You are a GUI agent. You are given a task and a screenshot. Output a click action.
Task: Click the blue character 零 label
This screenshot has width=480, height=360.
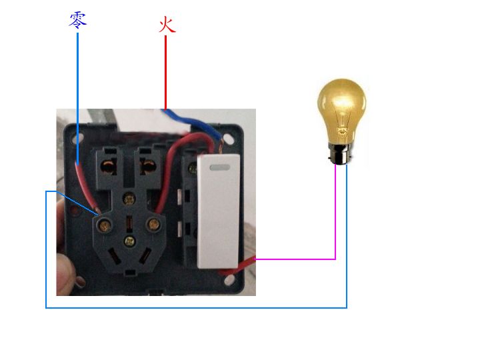coord(78,20)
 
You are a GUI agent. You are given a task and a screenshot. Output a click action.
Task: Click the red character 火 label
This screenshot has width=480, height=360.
coord(167,25)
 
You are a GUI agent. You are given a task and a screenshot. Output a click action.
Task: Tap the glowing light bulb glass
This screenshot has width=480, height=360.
coord(341,111)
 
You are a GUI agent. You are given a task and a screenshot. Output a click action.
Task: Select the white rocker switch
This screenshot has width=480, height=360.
coord(218,211)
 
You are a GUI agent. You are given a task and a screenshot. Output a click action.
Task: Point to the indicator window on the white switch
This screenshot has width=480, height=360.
coord(220,167)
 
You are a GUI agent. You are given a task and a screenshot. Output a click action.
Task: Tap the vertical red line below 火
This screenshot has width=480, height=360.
coord(165,73)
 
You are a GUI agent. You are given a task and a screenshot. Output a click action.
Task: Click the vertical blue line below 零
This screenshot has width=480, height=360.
coord(77,99)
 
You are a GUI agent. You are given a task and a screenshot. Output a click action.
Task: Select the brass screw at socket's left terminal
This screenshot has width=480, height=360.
coord(105,226)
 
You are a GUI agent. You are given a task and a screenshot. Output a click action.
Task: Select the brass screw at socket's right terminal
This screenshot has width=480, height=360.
coord(153,225)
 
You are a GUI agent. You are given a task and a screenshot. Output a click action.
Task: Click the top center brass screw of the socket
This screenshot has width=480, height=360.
coord(129,199)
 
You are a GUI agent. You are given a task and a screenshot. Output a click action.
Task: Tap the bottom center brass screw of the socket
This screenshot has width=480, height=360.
coord(130,241)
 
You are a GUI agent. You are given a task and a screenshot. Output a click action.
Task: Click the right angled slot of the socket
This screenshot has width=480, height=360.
coord(145,255)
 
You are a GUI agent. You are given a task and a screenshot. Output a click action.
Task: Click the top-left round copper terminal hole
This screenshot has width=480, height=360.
coord(109,167)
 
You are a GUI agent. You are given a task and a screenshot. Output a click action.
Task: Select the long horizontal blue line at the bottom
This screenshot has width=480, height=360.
coord(196,307)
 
